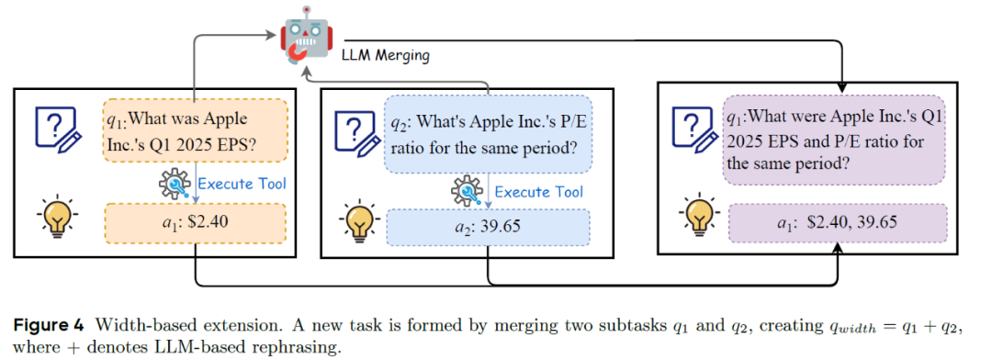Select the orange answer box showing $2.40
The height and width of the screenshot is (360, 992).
pyautogui.click(x=195, y=221)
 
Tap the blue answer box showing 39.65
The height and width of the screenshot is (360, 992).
pyautogui.click(x=489, y=227)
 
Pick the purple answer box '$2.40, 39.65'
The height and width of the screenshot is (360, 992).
pyautogui.click(x=837, y=223)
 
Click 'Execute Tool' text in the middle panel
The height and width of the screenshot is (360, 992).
pyautogui.click(x=538, y=191)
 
